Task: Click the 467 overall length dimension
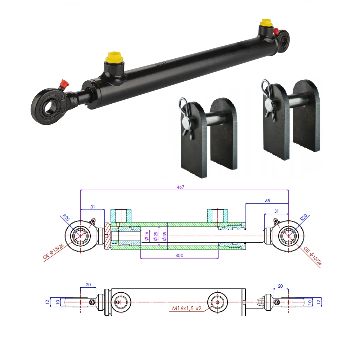184,187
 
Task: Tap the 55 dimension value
267,201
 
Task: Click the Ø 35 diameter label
165,236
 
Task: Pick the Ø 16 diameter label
146,236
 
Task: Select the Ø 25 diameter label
156,236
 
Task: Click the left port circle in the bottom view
120,302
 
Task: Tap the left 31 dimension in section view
93,207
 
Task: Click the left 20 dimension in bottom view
88,285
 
